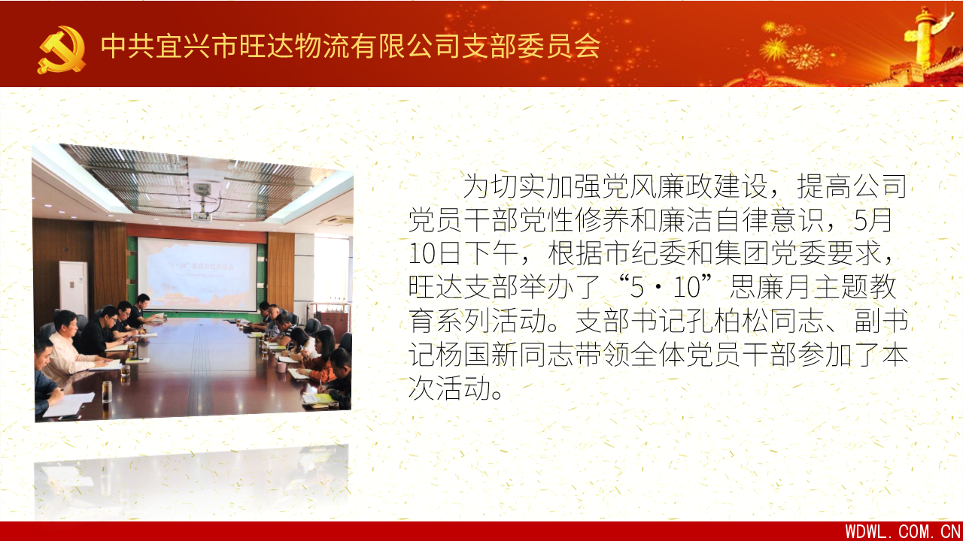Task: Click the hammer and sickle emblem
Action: point(62,50)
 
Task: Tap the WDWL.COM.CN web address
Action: point(903,531)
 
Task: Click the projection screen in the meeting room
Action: point(197,275)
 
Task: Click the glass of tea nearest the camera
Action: point(107,391)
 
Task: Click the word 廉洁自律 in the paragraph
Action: point(712,220)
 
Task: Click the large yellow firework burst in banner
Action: point(774,50)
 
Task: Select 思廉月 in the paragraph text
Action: point(771,287)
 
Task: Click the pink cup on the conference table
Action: point(281,367)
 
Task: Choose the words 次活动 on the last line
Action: point(450,388)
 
